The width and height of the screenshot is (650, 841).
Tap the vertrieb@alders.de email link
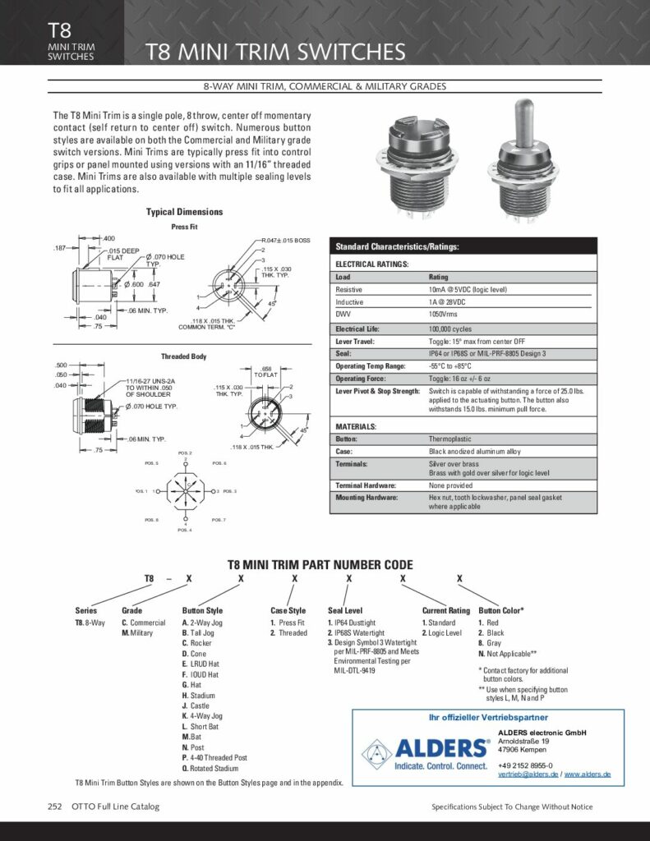point(528,774)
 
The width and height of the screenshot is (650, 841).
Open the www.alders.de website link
point(588,774)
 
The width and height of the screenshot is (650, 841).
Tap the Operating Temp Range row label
point(371,365)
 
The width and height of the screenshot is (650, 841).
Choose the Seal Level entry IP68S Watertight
point(359,633)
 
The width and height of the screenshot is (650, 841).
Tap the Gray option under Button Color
point(490,644)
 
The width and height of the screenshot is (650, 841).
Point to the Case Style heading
point(288,610)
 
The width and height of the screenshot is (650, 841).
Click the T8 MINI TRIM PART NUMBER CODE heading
point(320,565)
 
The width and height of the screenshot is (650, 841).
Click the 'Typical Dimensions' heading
point(184,212)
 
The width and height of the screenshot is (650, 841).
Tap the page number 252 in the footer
point(55,807)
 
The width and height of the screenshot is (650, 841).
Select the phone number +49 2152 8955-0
point(525,765)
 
